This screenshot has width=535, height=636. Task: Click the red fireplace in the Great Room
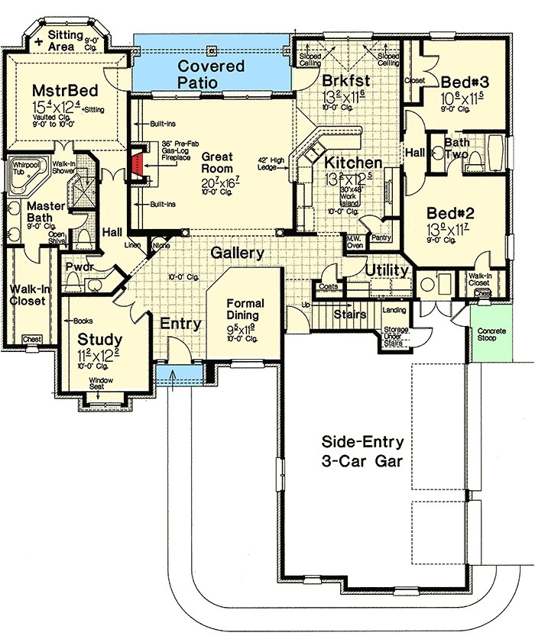(138, 162)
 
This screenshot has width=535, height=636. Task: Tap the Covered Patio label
(211, 74)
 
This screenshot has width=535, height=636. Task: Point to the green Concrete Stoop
(486, 334)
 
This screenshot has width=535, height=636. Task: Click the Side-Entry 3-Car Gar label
(362, 452)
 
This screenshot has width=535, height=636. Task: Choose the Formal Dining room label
(242, 309)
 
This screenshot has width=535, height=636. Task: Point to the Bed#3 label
(460, 81)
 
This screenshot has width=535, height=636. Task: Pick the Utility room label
(386, 270)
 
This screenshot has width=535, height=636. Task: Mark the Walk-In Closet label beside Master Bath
(27, 295)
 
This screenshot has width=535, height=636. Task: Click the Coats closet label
(329, 287)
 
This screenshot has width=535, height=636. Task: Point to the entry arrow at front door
(173, 376)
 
